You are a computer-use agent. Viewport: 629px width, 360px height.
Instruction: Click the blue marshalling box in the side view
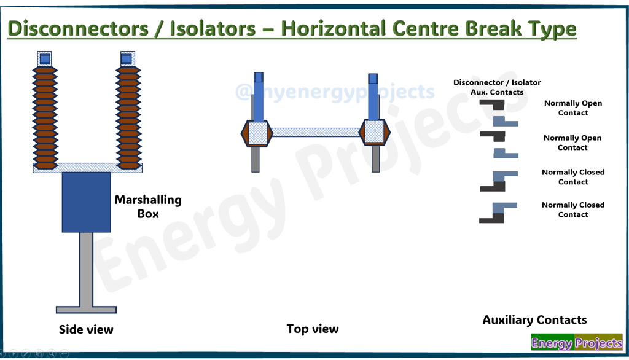pyautogui.click(x=86, y=202)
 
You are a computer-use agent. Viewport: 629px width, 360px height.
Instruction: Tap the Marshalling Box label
pyautogui.click(x=148, y=207)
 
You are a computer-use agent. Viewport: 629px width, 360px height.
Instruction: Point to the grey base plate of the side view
pyautogui.click(x=86, y=310)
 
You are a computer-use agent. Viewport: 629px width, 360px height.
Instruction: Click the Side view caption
pyautogui.click(x=86, y=330)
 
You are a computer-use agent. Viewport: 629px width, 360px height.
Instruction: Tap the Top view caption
pyautogui.click(x=312, y=329)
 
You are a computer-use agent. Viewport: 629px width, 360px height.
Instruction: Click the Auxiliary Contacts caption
pyautogui.click(x=534, y=320)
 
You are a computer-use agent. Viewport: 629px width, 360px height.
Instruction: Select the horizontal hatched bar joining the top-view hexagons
pyautogui.click(x=315, y=133)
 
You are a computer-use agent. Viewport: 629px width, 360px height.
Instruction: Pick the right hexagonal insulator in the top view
pyautogui.click(x=373, y=133)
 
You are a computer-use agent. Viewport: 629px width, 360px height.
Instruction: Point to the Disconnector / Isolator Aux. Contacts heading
pyautogui.click(x=497, y=87)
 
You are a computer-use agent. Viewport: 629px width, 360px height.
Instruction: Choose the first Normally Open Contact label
pyautogui.click(x=573, y=108)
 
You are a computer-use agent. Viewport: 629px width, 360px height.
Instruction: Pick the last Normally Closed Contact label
pyautogui.click(x=573, y=209)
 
